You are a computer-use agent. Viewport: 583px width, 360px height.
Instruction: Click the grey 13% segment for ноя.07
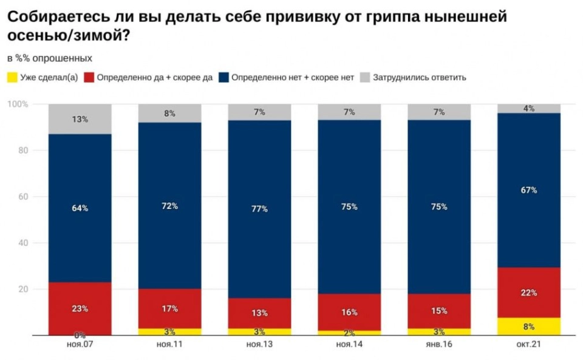pyautogui.click(x=80, y=119)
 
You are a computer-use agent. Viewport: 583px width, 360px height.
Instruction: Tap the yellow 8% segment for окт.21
pyautogui.click(x=529, y=326)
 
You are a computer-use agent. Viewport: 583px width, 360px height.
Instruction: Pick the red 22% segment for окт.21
pyautogui.click(x=529, y=293)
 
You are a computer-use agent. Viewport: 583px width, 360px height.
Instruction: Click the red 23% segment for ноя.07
pyautogui.click(x=80, y=308)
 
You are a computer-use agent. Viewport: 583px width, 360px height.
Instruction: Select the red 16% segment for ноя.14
pyautogui.click(x=349, y=313)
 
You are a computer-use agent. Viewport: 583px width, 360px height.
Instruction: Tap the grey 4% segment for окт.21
pyautogui.click(x=529, y=109)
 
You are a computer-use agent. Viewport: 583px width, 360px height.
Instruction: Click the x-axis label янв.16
pyautogui.click(x=439, y=344)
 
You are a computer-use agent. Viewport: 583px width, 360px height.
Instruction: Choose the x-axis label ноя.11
pyautogui.click(x=169, y=344)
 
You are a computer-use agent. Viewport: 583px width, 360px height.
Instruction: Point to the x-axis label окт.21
pyautogui.click(x=529, y=344)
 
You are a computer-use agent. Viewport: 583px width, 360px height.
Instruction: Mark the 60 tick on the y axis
pyautogui.click(x=23, y=197)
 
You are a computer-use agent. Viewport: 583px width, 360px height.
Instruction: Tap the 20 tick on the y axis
pyautogui.click(x=23, y=289)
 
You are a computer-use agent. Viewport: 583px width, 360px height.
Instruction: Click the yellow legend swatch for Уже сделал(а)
pyautogui.click(x=12, y=77)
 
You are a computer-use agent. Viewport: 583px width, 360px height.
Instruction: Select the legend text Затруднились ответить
pyautogui.click(x=420, y=77)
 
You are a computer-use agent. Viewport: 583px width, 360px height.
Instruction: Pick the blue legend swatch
pyautogui.click(x=223, y=77)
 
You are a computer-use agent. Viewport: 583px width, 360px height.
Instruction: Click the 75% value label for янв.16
pyautogui.click(x=439, y=206)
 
